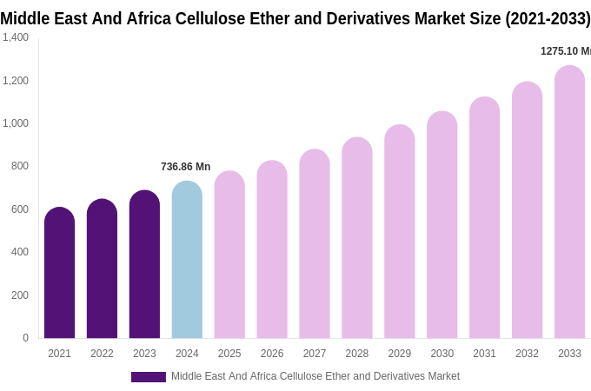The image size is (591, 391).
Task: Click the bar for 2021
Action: (x=59, y=274)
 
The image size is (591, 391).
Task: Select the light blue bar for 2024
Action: (x=187, y=261)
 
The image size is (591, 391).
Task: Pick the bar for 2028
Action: (x=357, y=239)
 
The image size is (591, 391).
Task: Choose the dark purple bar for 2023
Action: (x=144, y=265)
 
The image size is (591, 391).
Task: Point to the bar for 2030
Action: (x=442, y=226)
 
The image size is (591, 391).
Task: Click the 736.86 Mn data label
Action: (x=185, y=167)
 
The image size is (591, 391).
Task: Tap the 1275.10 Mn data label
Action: (x=565, y=51)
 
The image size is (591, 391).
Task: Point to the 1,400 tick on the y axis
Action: (x=16, y=37)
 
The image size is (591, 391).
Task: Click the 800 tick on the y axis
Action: (x=20, y=166)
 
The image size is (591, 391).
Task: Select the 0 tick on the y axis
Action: (x=25, y=338)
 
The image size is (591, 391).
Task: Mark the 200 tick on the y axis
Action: (x=20, y=295)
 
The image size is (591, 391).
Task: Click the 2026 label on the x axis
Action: (x=272, y=354)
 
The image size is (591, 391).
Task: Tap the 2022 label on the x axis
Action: (x=102, y=354)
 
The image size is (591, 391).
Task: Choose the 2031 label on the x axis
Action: (x=484, y=354)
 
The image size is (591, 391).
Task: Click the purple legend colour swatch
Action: (x=148, y=377)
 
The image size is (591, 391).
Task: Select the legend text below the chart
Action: (x=315, y=376)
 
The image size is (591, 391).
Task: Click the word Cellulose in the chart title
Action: (x=209, y=18)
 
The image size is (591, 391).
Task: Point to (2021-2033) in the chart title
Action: (x=548, y=18)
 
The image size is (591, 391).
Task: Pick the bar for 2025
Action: (x=229, y=255)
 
